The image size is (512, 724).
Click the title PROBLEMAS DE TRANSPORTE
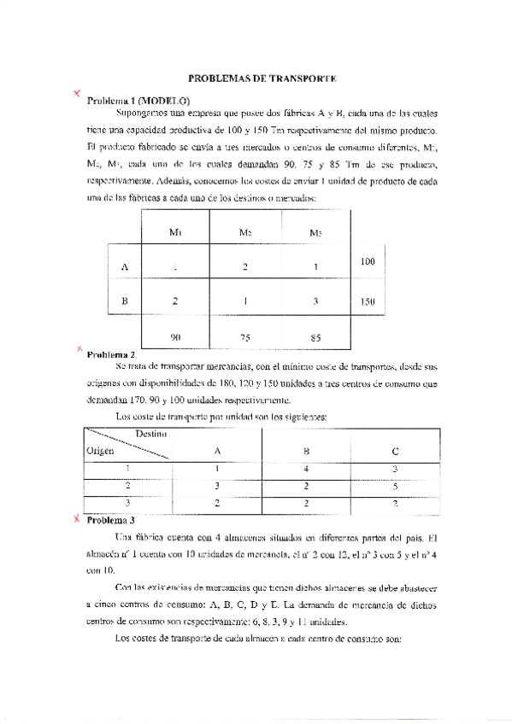262,78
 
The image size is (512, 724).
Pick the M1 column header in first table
175,232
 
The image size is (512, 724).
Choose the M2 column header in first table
245,232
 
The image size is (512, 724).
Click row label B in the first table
125,301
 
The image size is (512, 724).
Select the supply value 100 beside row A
368,260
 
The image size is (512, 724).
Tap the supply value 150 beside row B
368,301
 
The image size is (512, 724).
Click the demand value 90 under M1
175,337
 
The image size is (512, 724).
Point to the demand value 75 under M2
245,338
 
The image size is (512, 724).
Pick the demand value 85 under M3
315,338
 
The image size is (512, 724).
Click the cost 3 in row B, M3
315,301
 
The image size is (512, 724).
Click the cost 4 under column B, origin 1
306,468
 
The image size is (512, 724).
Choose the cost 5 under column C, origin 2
394,485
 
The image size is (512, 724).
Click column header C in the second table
394,451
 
